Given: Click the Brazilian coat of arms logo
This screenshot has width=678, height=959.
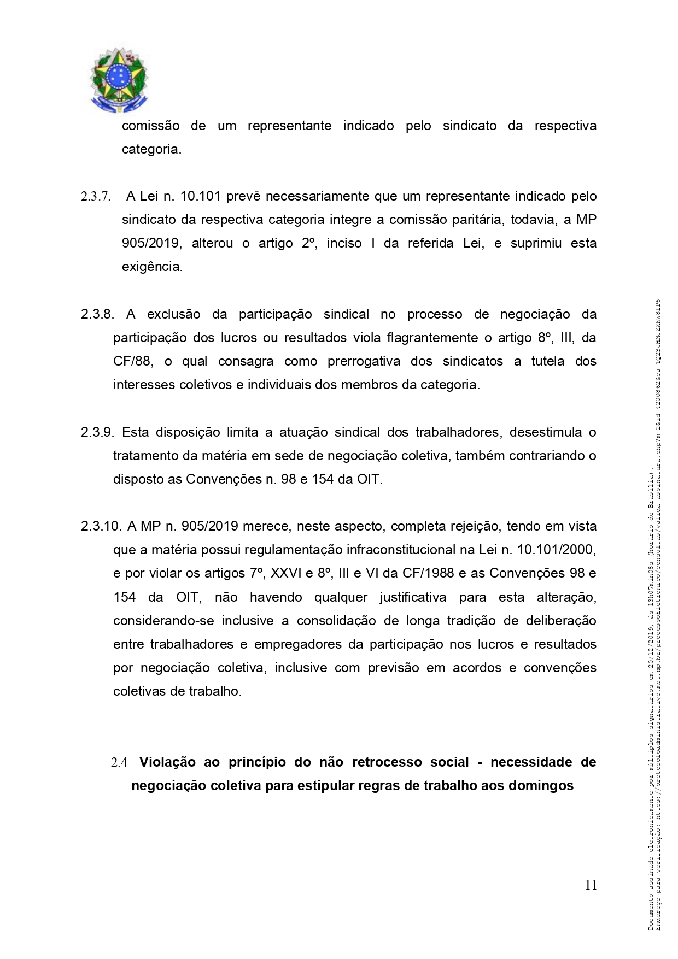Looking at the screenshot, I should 119,80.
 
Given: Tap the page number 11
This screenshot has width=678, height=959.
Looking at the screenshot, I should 591,885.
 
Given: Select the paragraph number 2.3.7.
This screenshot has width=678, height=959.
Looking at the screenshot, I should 96,196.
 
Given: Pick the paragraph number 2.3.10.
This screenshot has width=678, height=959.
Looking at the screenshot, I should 101,526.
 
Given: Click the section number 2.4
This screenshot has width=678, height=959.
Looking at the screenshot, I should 119,762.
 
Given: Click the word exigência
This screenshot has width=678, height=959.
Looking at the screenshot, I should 152,267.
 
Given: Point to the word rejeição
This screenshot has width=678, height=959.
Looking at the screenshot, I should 474,526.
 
